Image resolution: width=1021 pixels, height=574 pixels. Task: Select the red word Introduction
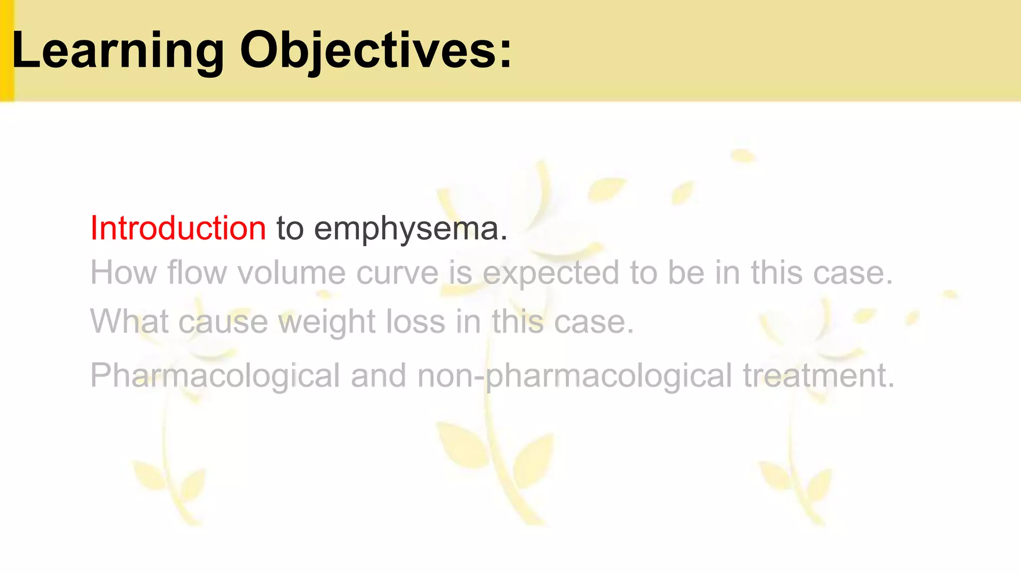coord(178,228)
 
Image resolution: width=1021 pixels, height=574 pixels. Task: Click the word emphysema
coord(411,229)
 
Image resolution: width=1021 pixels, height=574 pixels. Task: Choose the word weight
coord(327,322)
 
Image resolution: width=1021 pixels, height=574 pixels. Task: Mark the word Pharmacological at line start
coord(215,376)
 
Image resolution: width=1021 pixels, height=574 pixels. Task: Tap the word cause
coord(223,322)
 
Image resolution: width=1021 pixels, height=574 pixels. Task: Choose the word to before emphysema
coord(290,228)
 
